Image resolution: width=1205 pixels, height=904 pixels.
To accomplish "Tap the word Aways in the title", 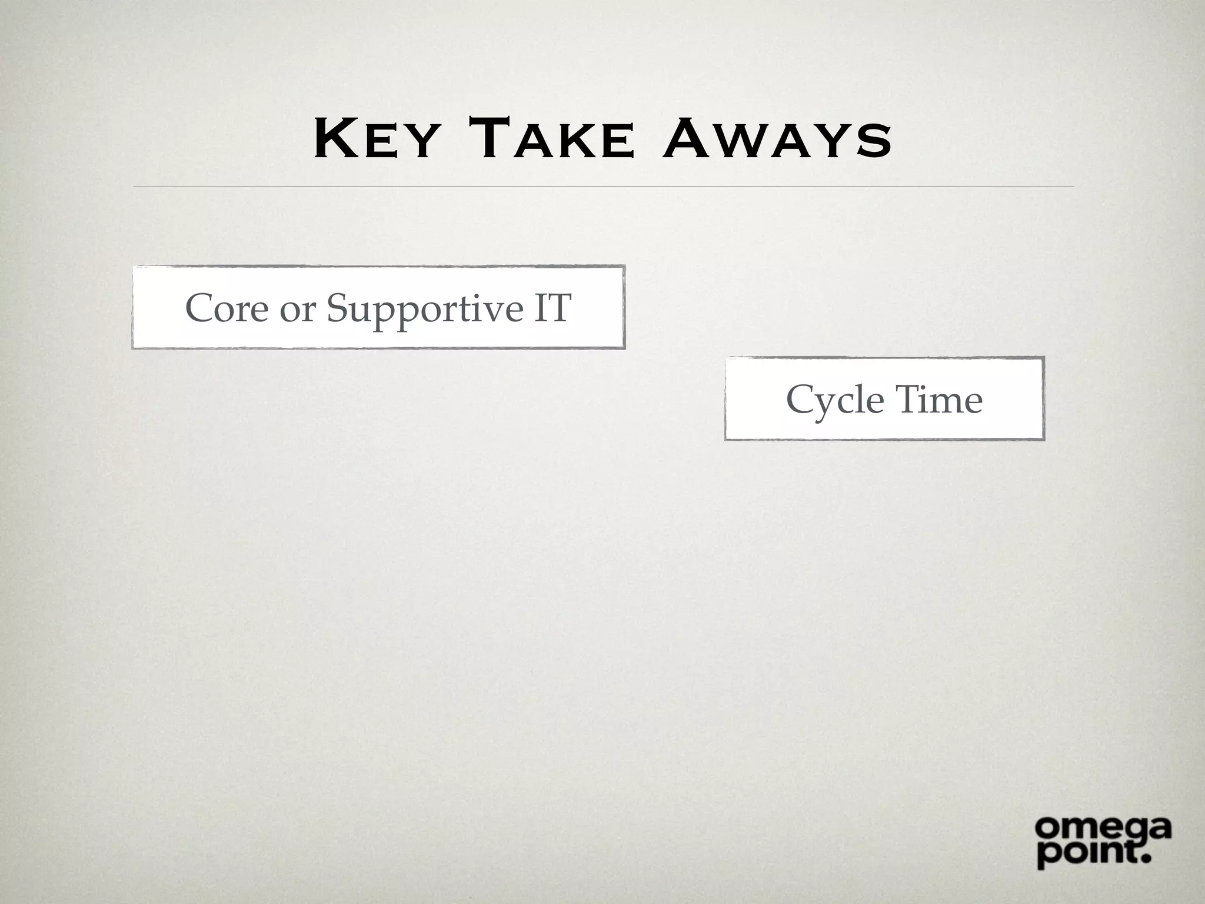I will [x=777, y=140].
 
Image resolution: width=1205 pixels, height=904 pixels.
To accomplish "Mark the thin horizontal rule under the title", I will [x=603, y=187].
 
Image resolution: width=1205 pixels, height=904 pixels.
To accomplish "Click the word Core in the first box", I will [x=227, y=308].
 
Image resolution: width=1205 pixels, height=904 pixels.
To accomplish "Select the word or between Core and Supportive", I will [x=297, y=309].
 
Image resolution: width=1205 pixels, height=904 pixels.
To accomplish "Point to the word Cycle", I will [x=834, y=401].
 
